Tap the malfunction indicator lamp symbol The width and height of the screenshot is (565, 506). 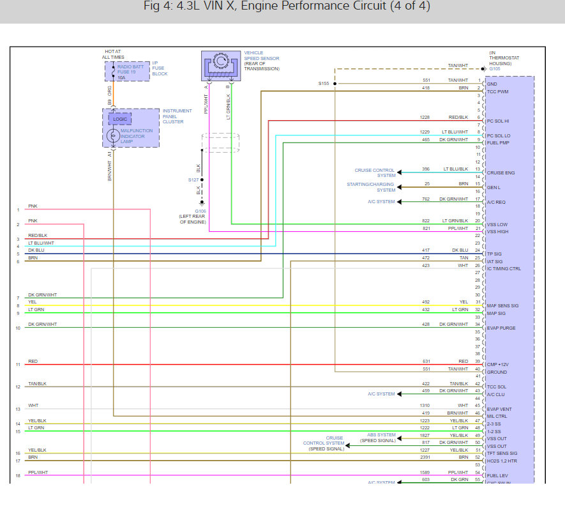112,135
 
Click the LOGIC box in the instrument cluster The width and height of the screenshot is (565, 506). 119,119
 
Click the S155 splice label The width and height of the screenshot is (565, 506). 324,84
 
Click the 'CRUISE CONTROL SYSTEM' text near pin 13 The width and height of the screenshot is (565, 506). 375,172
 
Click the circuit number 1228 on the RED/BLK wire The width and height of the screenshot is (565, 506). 425,118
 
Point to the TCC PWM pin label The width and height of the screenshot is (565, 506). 497,91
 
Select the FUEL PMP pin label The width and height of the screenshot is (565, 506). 497,142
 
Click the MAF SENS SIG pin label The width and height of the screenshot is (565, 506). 502,305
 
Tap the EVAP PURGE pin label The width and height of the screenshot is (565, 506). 501,328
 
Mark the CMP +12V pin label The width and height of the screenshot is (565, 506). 498,365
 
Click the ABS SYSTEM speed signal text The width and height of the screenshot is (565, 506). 377,438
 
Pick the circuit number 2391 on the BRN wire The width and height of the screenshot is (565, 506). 425,457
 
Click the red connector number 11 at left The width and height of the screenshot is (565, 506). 19,364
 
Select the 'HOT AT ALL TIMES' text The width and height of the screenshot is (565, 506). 113,54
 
